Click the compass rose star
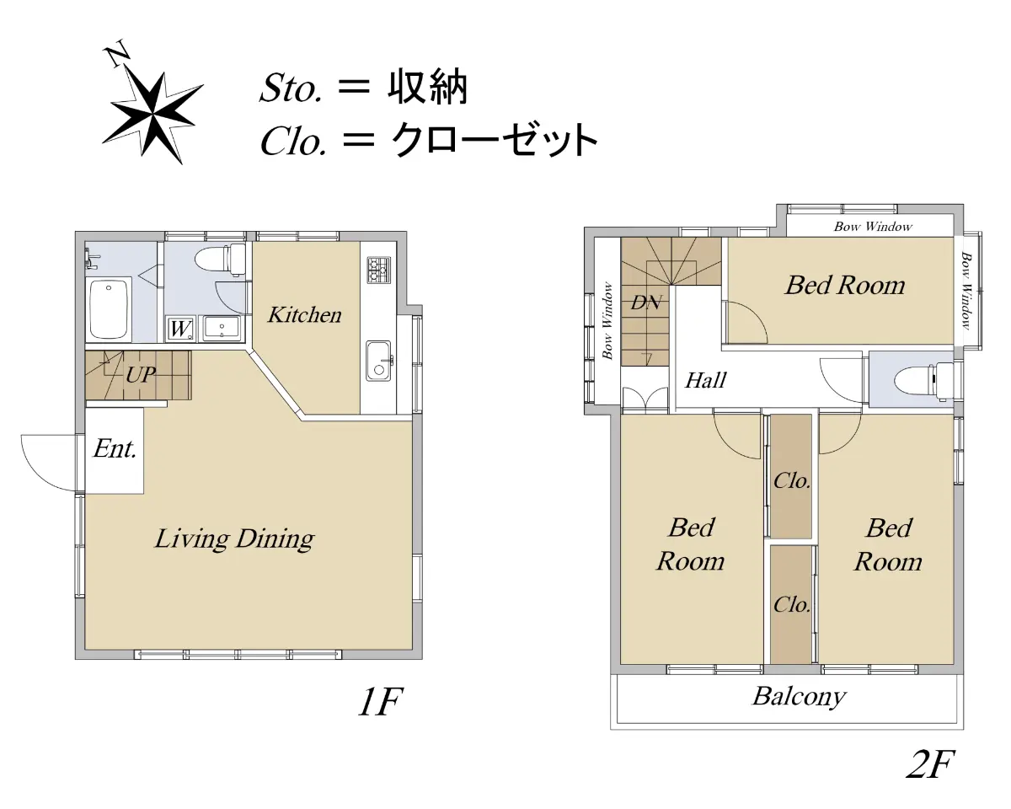[152, 115]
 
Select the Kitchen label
[304, 315]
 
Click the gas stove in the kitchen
[378, 270]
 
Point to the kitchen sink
[378, 361]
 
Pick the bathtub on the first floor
[109, 308]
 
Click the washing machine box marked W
[181, 329]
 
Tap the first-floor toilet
[221, 259]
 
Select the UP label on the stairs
[141, 375]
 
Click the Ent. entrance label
[115, 449]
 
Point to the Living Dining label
[234, 539]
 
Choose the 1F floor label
[381, 702]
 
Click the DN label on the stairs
[646, 303]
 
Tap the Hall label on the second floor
[706, 380]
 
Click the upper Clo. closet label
[792, 480]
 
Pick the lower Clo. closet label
[792, 604]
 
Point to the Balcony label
[800, 697]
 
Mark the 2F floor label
[931, 764]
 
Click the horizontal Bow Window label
[873, 227]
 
